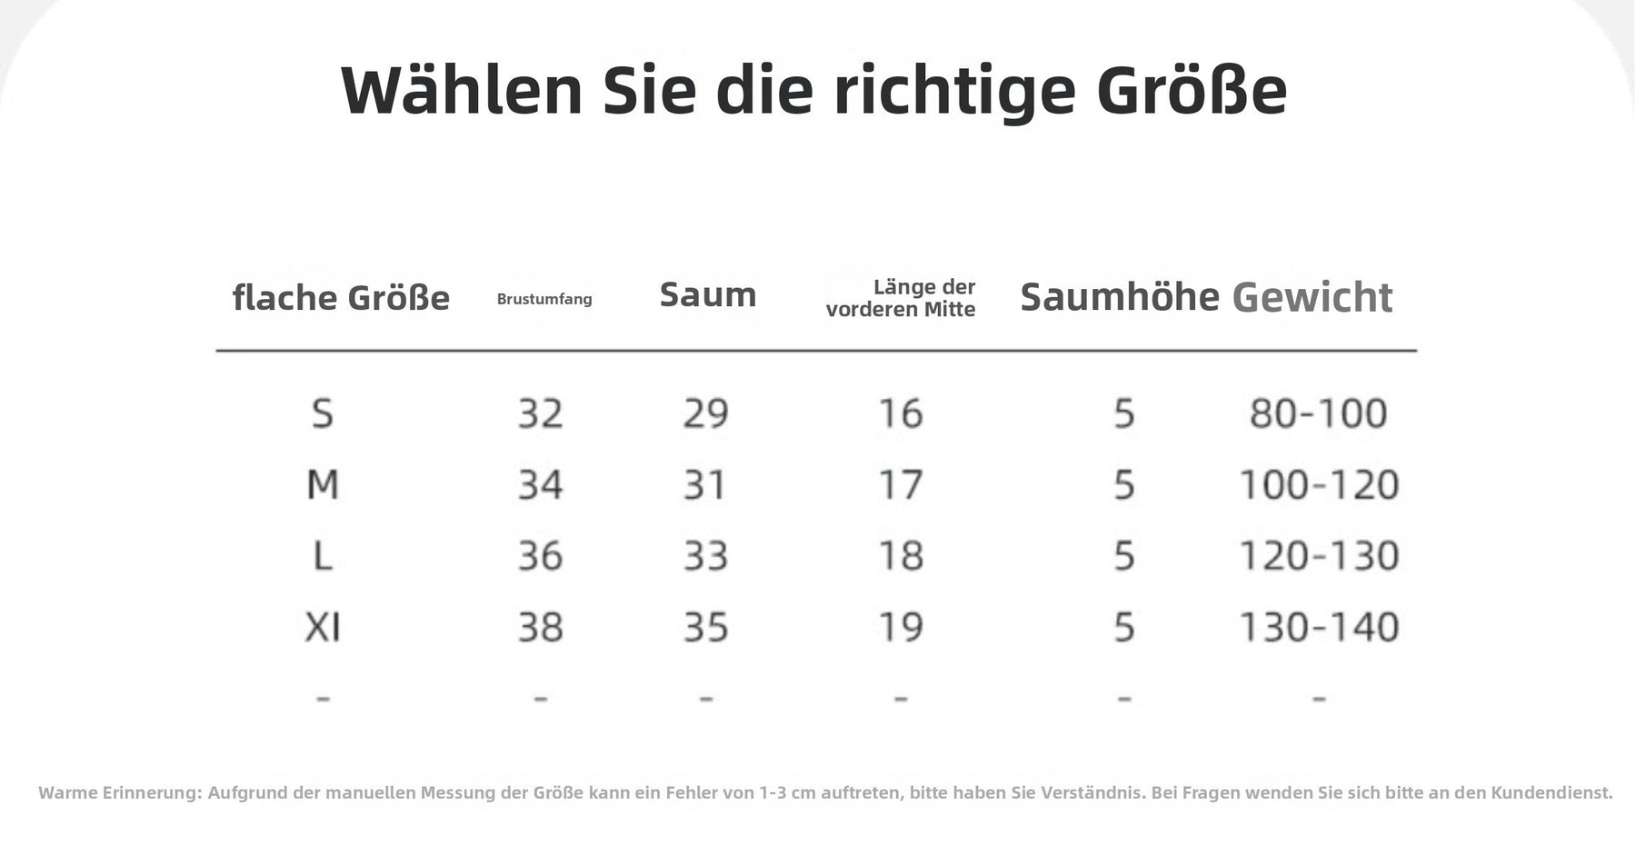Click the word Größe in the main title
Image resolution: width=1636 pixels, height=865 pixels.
1192,90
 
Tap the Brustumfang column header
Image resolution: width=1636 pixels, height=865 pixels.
544,299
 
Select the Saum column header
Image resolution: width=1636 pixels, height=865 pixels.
708,294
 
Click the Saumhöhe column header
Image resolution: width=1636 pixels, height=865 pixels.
1120,297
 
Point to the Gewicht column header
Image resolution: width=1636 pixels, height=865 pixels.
1312,298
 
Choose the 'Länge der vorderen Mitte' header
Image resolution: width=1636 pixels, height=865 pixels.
901,298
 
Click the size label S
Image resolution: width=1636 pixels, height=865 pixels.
323,413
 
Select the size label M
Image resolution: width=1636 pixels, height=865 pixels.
323,484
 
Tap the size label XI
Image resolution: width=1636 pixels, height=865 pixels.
323,627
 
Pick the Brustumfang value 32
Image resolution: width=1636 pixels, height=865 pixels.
541,413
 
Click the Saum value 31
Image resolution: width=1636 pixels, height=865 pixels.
705,484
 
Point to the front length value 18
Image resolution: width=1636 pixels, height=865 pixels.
901,555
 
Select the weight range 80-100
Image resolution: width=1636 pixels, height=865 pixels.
1319,413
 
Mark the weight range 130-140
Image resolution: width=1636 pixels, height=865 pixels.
1319,627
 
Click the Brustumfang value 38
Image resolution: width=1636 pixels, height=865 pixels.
541,627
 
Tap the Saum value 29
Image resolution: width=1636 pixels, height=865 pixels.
706,413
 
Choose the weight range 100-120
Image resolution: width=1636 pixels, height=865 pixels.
1319,484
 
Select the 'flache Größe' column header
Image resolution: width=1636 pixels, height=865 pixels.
341,298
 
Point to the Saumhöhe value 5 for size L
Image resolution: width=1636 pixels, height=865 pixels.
1124,555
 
